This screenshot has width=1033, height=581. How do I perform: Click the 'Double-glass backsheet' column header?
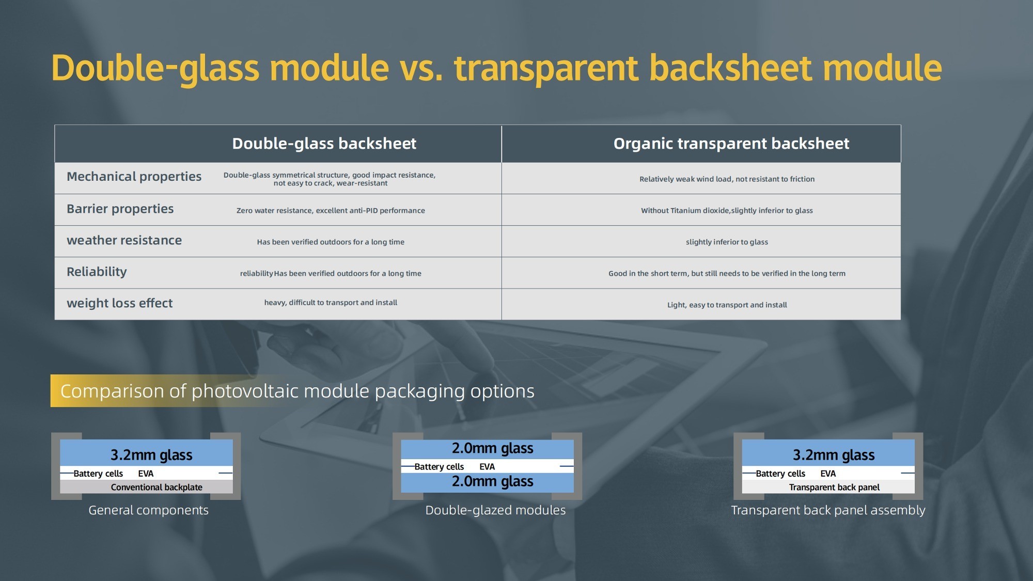tap(324, 144)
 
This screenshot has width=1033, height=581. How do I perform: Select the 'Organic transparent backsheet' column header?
tap(731, 144)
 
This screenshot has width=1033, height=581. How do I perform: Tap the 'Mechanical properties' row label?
tap(134, 177)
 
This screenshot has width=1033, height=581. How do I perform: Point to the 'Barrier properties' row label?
tap(120, 209)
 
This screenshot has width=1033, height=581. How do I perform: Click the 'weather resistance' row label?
tap(124, 240)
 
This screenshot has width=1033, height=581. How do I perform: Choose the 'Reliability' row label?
tap(97, 272)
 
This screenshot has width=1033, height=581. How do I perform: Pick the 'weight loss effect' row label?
tap(119, 303)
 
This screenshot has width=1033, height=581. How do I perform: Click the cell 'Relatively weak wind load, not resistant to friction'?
tap(727, 179)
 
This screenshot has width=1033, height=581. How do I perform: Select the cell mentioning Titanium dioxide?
tap(727, 211)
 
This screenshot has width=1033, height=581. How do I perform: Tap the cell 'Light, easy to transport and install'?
tap(727, 305)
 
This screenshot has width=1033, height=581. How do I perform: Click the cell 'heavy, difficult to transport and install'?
tap(331, 303)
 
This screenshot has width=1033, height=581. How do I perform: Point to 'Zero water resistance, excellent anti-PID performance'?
tap(331, 211)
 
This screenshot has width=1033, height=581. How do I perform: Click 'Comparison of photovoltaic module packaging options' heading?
tap(297, 391)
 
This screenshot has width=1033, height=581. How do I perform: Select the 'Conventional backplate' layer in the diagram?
tap(156, 487)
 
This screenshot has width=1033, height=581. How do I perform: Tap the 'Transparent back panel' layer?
tap(834, 487)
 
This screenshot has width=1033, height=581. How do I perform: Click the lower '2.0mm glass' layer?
tap(492, 481)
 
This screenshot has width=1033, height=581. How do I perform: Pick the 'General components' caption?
tap(148, 510)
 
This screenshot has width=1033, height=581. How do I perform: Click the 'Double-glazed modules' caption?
tap(495, 510)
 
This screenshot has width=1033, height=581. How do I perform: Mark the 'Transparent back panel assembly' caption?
tap(828, 510)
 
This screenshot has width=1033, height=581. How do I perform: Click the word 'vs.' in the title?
tap(421, 68)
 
